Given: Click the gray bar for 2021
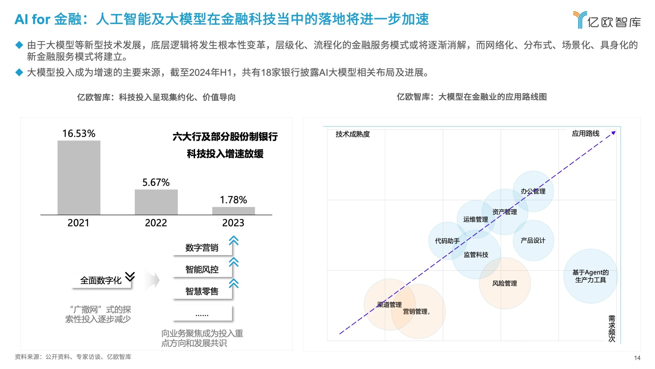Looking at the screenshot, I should [x=79, y=178].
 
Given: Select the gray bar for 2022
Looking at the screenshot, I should [x=156, y=202].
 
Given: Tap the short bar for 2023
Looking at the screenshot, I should [x=233, y=211].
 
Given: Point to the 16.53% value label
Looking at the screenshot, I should [x=79, y=133].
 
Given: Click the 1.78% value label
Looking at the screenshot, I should [x=233, y=200].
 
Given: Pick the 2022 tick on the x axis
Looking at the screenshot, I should [x=156, y=223].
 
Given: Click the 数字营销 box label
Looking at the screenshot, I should [x=202, y=248].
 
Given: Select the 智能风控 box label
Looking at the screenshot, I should [x=202, y=269].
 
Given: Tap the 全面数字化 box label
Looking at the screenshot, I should [x=101, y=280].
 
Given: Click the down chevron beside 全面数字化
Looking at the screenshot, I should [x=130, y=276].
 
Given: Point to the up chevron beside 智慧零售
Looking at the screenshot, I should [x=234, y=283].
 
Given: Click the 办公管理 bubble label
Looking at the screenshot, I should [x=533, y=191].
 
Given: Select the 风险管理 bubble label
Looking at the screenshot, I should [x=505, y=283].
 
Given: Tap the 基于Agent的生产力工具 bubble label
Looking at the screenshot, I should [x=590, y=276].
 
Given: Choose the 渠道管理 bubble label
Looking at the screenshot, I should [x=389, y=305].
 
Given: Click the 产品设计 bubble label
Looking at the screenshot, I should [x=533, y=240].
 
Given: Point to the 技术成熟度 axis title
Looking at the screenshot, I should [x=353, y=134].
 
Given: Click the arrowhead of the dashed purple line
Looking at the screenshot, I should [x=614, y=133].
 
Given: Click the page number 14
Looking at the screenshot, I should [x=637, y=358].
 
